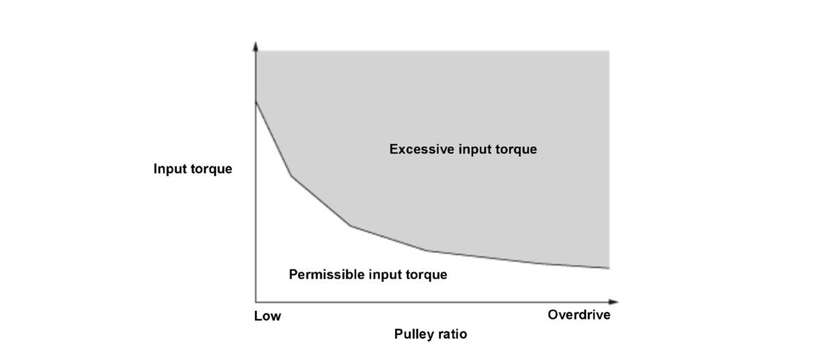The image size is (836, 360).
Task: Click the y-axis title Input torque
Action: pyautogui.click(x=193, y=169)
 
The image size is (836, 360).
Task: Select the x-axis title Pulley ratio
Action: pyautogui.click(x=431, y=334)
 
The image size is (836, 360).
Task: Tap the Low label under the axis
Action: pyautogui.click(x=268, y=316)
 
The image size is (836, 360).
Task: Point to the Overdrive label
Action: pyautogui.click(x=579, y=315)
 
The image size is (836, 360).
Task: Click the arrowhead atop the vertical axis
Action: pyautogui.click(x=256, y=46)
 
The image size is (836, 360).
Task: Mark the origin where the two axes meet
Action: pyautogui.click(x=256, y=302)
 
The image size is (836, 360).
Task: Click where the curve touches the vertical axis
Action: pyautogui.click(x=256, y=102)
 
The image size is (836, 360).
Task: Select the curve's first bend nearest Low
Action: pyautogui.click(x=291, y=175)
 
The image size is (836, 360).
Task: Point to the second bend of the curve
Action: pyautogui.click(x=350, y=226)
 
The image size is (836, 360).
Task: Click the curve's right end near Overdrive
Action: pyautogui.click(x=609, y=268)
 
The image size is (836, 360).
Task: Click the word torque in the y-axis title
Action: pyautogui.click(x=210, y=169)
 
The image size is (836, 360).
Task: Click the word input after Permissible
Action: pyautogui.click(x=386, y=274)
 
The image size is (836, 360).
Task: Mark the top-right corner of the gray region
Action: pyautogui.click(x=609, y=51)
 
